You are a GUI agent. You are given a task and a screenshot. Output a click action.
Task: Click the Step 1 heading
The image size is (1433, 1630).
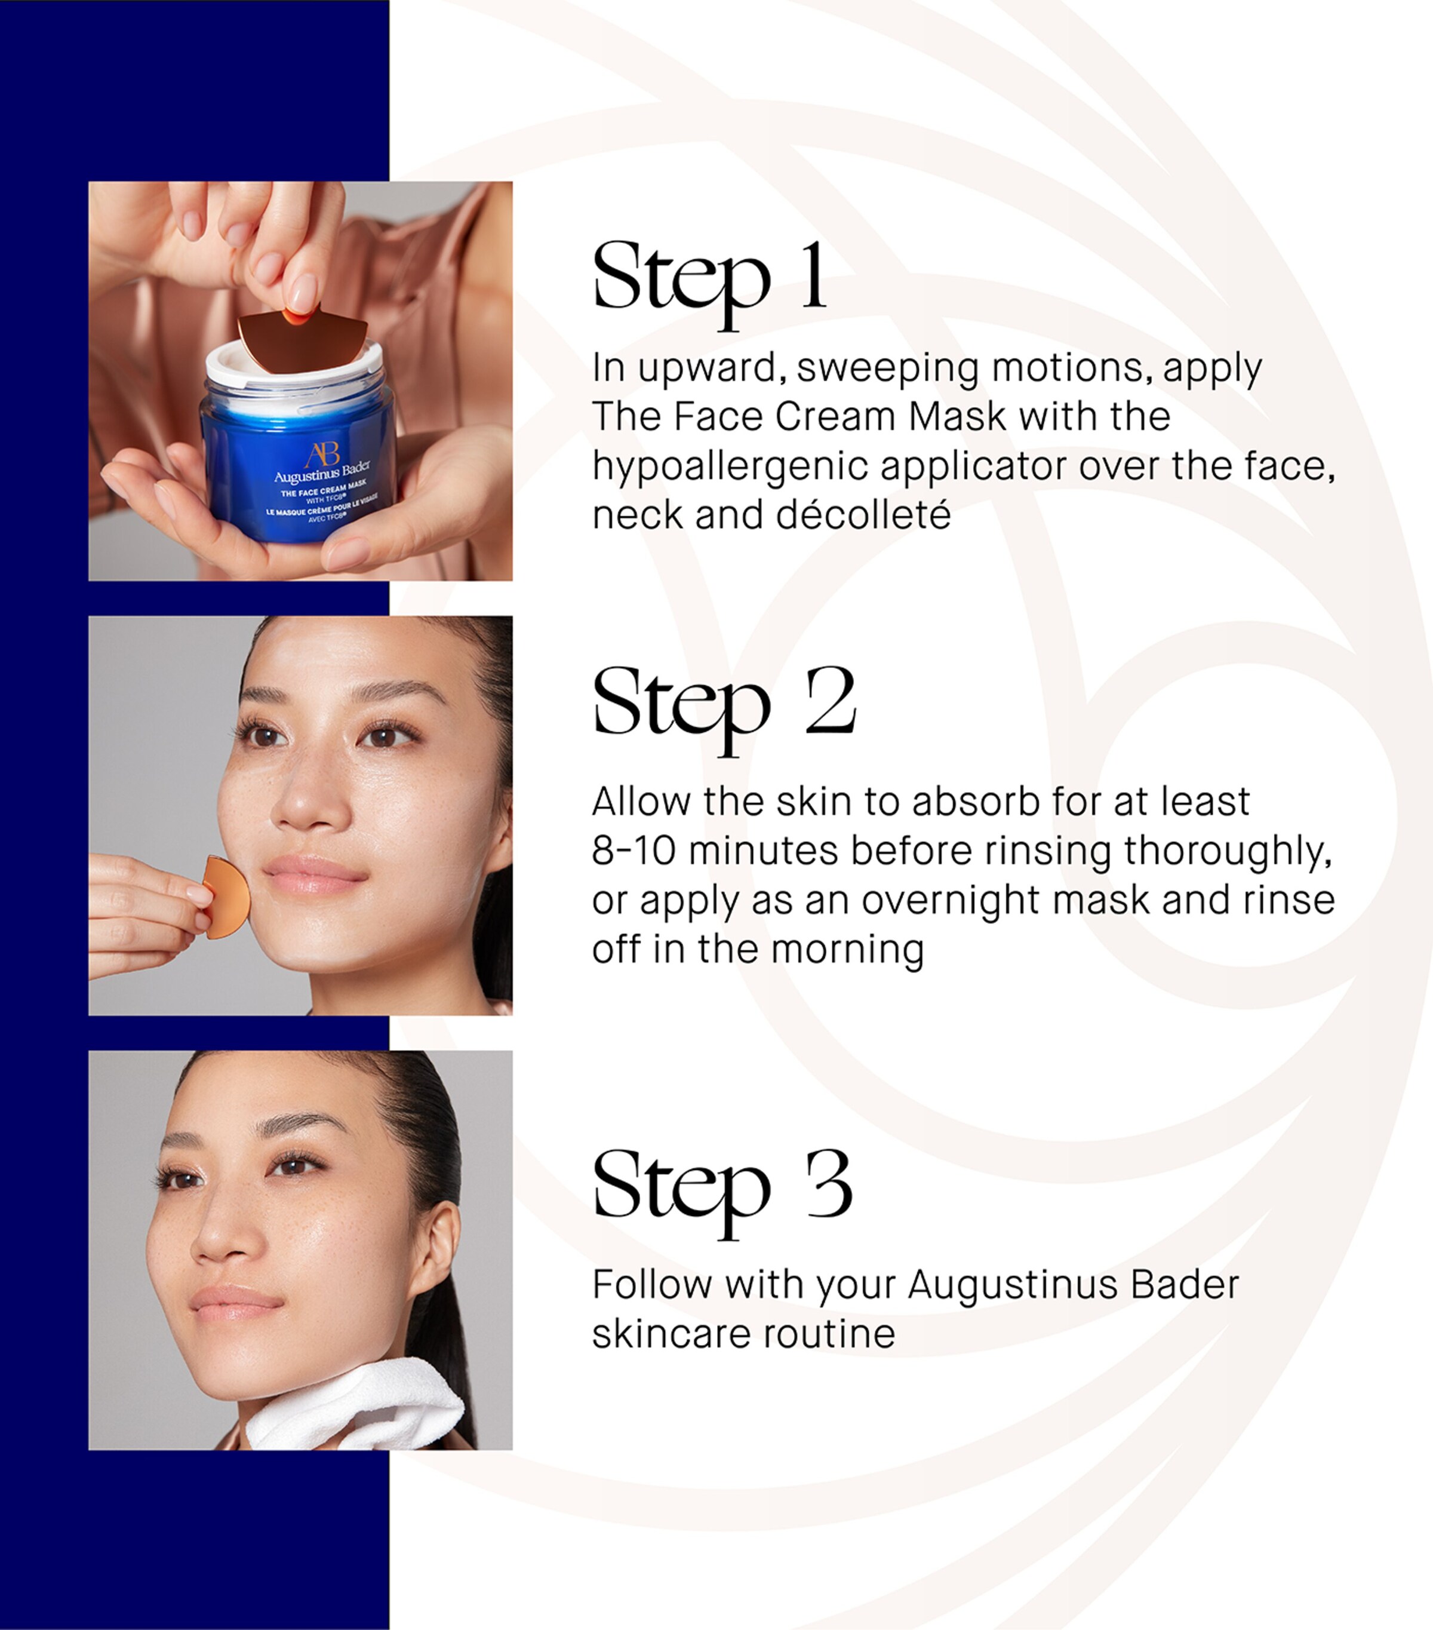pyautogui.click(x=709, y=278)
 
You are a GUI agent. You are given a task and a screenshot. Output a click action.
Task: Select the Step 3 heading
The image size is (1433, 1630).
pyautogui.click(x=722, y=1188)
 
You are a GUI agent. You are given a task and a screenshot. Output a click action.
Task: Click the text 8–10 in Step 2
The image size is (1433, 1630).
pyautogui.click(x=633, y=851)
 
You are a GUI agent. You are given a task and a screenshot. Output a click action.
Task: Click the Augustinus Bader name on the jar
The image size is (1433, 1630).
pyautogui.click(x=322, y=474)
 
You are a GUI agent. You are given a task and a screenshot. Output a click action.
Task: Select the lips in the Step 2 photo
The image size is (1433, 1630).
pyautogui.click(x=314, y=873)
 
